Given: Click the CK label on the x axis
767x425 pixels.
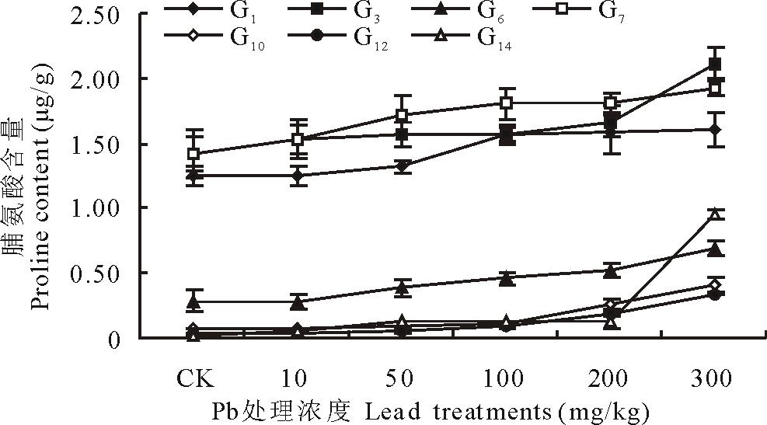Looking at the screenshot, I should (x=196, y=379).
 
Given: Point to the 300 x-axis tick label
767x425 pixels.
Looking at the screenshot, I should (x=712, y=379).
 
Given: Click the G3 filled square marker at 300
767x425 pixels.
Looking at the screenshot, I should (x=715, y=64).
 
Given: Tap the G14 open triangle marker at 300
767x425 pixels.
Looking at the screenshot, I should (x=715, y=214).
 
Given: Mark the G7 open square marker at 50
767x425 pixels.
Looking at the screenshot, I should (x=402, y=116).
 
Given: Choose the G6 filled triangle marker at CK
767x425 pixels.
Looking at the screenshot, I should (x=195, y=301).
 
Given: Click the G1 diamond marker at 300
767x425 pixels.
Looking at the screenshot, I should (x=715, y=130).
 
